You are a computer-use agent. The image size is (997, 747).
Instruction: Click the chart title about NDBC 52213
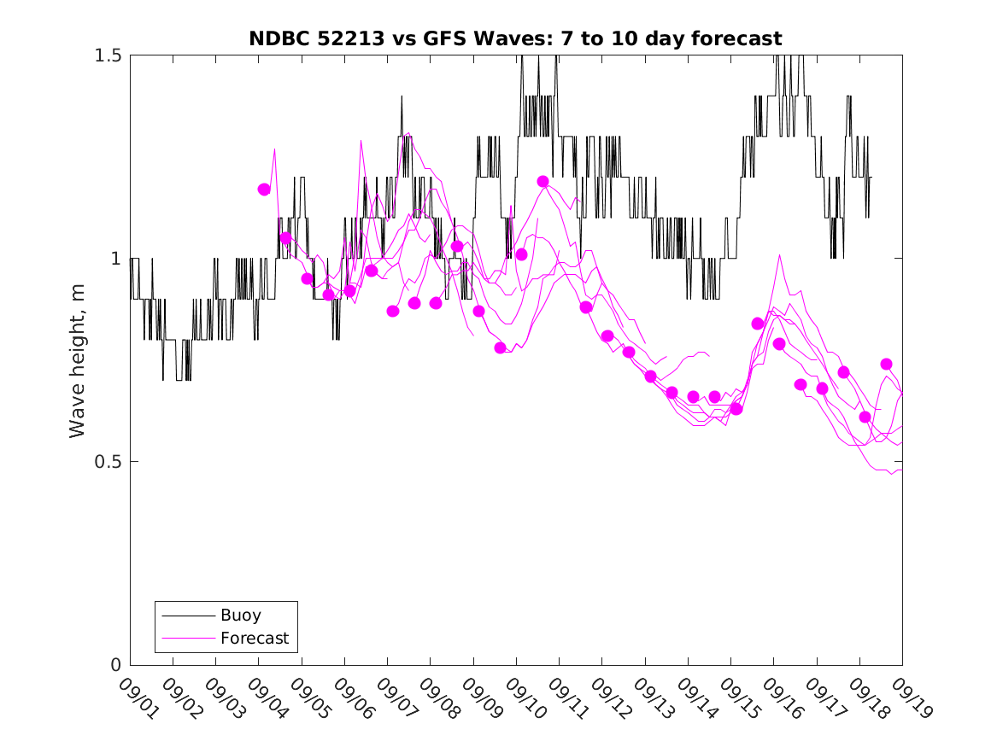pos(515,38)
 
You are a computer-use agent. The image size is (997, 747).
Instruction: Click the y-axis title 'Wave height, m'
pos(78,360)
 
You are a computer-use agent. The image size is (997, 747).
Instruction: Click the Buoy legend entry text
pos(241,615)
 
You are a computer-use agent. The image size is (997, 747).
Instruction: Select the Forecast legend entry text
pos(255,638)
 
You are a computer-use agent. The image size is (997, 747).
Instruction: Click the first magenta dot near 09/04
pos(264,190)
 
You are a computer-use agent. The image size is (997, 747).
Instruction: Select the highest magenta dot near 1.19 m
pos(542,182)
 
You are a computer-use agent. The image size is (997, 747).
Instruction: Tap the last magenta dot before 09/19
pos(886,365)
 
